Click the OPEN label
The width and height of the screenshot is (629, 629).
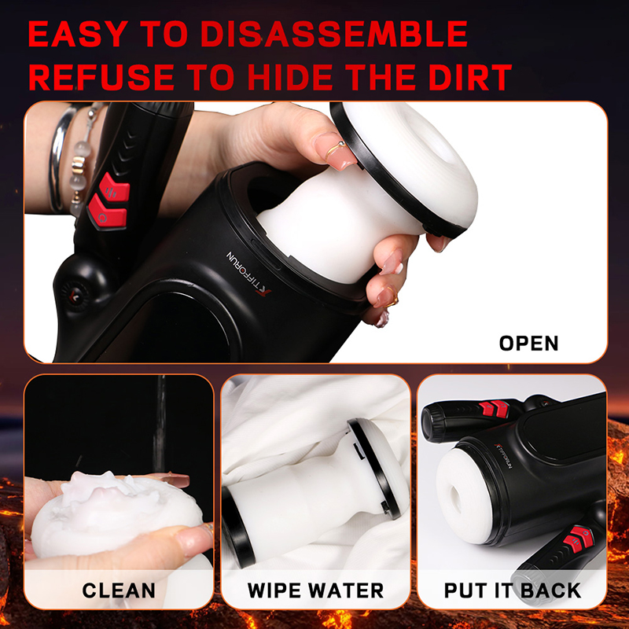[528, 344]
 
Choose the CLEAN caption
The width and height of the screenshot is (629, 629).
[119, 590]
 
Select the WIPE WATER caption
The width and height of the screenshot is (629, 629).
[315, 590]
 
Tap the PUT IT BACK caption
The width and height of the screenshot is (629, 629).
[513, 590]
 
